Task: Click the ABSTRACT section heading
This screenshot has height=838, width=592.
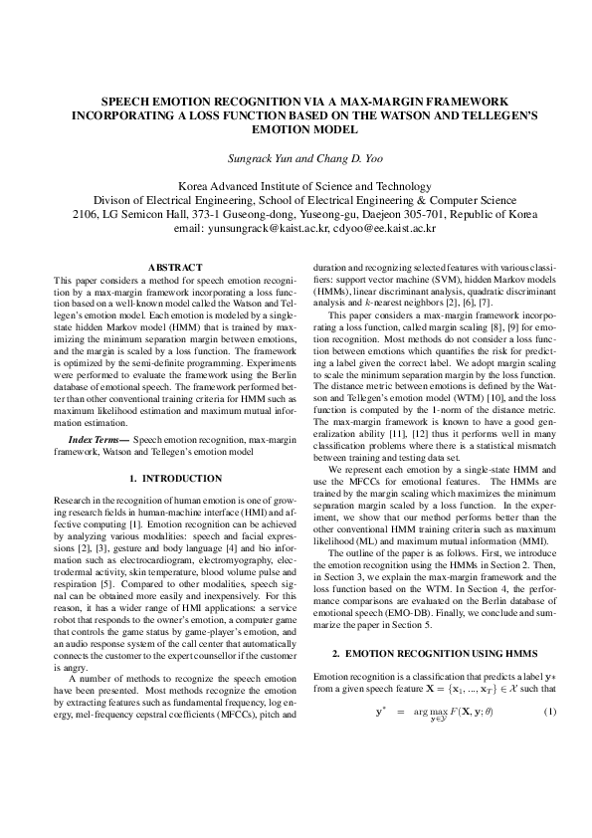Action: (x=174, y=267)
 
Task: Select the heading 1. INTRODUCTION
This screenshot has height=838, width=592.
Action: (x=174, y=479)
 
